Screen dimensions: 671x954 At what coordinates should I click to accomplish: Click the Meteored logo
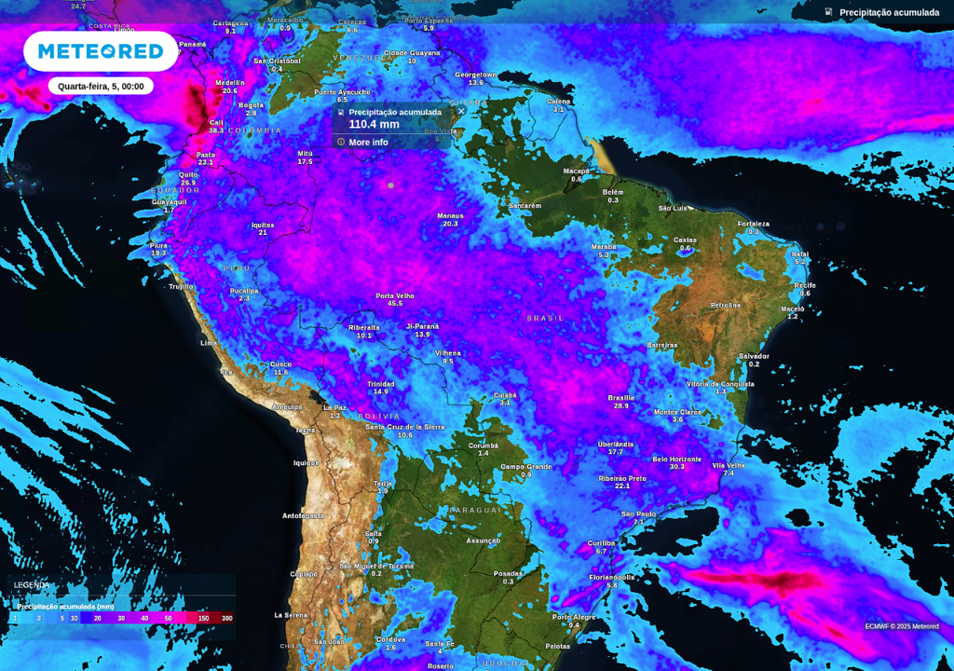coord(101,51)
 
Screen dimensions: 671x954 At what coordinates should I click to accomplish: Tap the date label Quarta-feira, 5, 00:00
coord(101,86)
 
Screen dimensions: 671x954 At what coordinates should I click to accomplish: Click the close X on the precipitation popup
coord(461,111)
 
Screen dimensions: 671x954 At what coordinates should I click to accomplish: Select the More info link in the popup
coord(368,143)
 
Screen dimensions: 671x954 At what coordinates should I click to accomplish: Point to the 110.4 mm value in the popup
coord(374,124)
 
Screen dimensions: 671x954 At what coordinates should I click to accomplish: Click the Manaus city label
coord(450,216)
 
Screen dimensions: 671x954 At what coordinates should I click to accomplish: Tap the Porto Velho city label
coord(395,296)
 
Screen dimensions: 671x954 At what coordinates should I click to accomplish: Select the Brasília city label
coord(621,398)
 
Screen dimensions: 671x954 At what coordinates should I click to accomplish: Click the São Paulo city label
coord(639,514)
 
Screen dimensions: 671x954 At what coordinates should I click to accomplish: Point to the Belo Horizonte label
coord(677,459)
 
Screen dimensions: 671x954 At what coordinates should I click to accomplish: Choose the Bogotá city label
coord(252,105)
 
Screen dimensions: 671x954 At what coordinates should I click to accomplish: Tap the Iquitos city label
coord(263,225)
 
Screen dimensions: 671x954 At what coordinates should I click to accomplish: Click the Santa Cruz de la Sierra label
coord(404,427)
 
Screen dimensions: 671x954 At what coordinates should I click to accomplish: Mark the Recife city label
coord(805,285)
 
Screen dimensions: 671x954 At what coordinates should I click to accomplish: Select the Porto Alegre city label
coord(574,617)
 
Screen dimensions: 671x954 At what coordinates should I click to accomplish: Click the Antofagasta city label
coord(304,515)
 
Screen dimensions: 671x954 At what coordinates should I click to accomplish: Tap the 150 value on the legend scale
coord(203,618)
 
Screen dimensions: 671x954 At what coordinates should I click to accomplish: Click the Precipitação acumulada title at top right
coord(889,13)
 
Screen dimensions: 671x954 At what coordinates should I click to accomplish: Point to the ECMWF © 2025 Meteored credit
coord(901,626)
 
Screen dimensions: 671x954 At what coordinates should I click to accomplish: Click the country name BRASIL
coord(546,319)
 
